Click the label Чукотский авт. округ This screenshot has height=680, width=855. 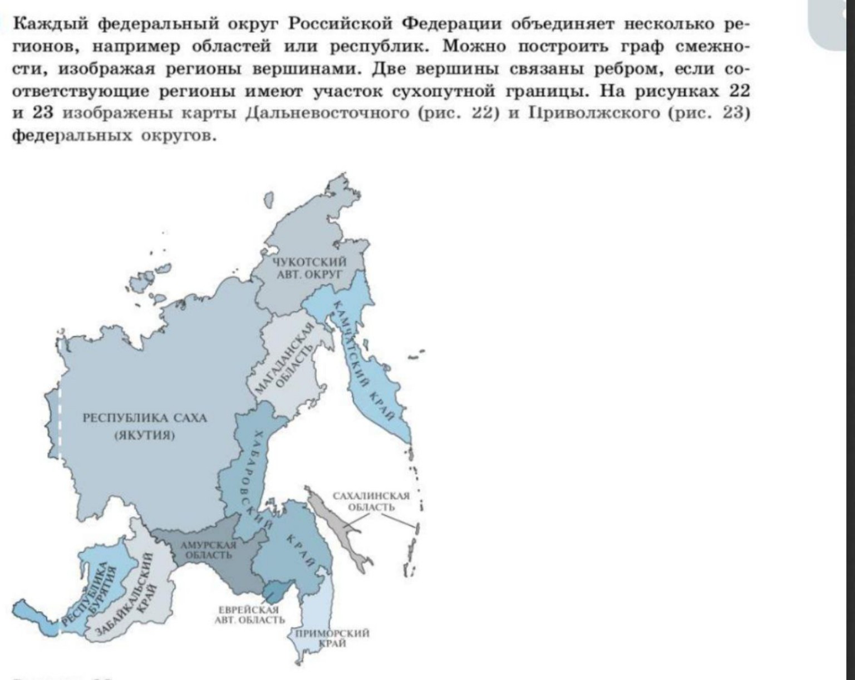[x=309, y=268]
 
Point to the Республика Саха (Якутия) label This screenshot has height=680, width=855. [x=145, y=426]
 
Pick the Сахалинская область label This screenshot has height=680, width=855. [x=371, y=501]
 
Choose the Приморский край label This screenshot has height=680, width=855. [x=332, y=638]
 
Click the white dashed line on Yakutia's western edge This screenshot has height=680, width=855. [x=60, y=423]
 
